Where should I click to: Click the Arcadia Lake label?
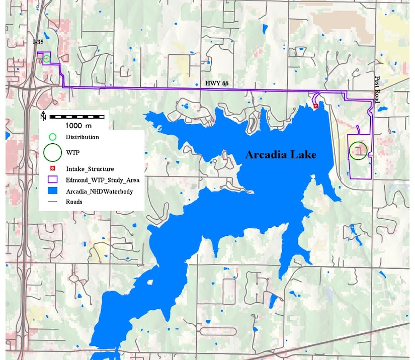pyautogui.click(x=281, y=155)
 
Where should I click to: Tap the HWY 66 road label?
pyautogui.click(x=217, y=83)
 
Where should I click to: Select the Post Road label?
pyautogui.click(x=378, y=90)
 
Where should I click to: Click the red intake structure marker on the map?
pyautogui.click(x=316, y=106)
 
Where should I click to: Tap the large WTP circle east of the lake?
pyautogui.click(x=358, y=150)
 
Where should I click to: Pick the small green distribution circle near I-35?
pyautogui.click(x=46, y=59)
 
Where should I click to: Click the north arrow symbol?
pyautogui.click(x=44, y=116)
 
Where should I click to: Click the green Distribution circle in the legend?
pyautogui.click(x=52, y=137)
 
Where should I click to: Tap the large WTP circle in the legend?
pyautogui.click(x=52, y=152)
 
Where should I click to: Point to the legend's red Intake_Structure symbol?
pyautogui.click(x=52, y=168)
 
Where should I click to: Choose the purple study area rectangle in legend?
pyautogui.click(x=52, y=179)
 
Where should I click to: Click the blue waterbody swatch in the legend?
pyautogui.click(x=52, y=191)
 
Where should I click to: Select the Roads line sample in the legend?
pyautogui.click(x=52, y=202)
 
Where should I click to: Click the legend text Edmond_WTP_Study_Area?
pyautogui.click(x=103, y=179)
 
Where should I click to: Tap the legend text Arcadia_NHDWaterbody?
pyautogui.click(x=99, y=191)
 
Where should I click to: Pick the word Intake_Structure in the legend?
pyautogui.click(x=90, y=168)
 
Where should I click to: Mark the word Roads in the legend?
pyautogui.click(x=74, y=202)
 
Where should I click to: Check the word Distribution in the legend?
pyautogui.click(x=82, y=137)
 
